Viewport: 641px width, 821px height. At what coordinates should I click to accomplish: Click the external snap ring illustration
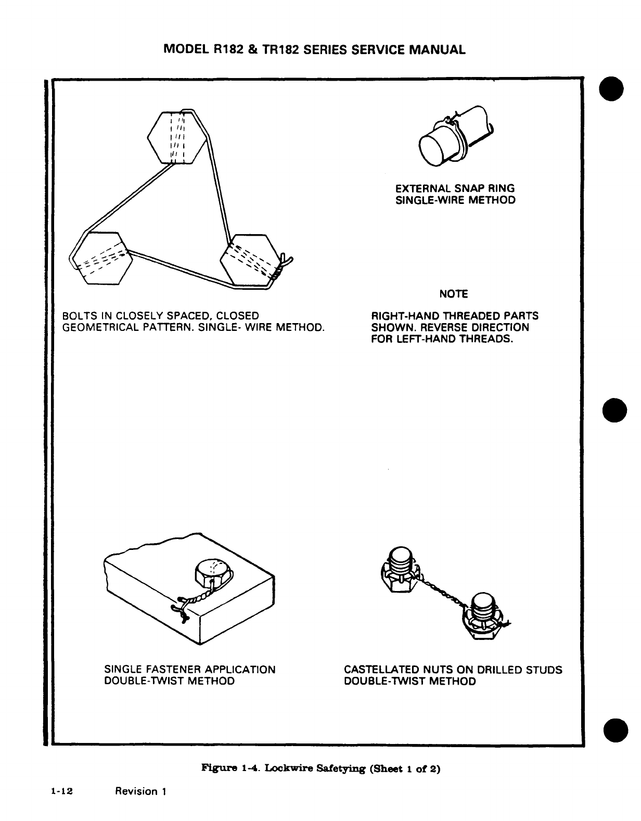tap(454, 140)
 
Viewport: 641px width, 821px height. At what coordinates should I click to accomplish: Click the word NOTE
tap(454, 294)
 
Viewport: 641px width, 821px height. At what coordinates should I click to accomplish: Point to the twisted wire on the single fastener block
tap(196, 598)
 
